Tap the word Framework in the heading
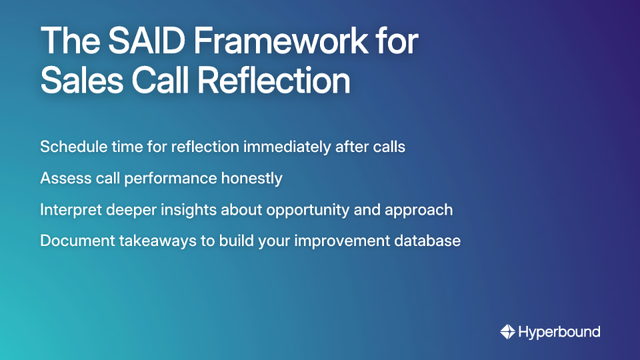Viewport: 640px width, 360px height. (277, 41)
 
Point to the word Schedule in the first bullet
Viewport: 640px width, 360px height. (69, 147)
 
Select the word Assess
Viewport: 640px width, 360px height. (62, 178)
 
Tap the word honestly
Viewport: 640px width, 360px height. (252, 179)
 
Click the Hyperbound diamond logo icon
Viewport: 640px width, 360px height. (507, 331)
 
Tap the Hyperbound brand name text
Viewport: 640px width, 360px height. (559, 331)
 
